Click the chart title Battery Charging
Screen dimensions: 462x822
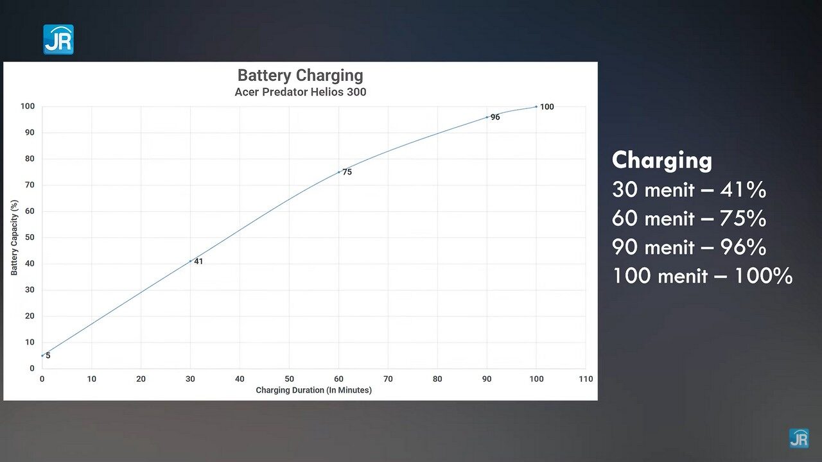pos(300,76)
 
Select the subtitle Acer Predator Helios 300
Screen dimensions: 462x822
pos(300,92)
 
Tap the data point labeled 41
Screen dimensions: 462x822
pos(191,261)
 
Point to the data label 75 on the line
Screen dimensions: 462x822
pos(347,172)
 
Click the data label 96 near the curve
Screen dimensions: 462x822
pos(495,117)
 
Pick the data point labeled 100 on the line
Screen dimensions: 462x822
pos(536,107)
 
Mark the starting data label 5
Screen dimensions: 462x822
pos(48,355)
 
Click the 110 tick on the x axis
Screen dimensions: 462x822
pos(586,379)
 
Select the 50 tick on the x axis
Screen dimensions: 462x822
pos(290,379)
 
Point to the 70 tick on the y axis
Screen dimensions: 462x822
pos(30,185)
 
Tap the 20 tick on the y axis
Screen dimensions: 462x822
pos(30,316)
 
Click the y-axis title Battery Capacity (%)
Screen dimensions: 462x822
pos(14,237)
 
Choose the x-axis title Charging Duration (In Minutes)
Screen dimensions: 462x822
pos(313,390)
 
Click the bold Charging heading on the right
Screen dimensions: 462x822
pos(661,160)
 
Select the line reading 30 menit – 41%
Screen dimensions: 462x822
pos(688,190)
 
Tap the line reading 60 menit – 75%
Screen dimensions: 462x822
pos(688,219)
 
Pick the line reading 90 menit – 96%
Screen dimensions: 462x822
pos(688,248)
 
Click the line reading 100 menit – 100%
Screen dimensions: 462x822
pos(702,277)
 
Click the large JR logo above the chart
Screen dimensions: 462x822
pos(58,39)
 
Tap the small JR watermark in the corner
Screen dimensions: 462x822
pos(799,438)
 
